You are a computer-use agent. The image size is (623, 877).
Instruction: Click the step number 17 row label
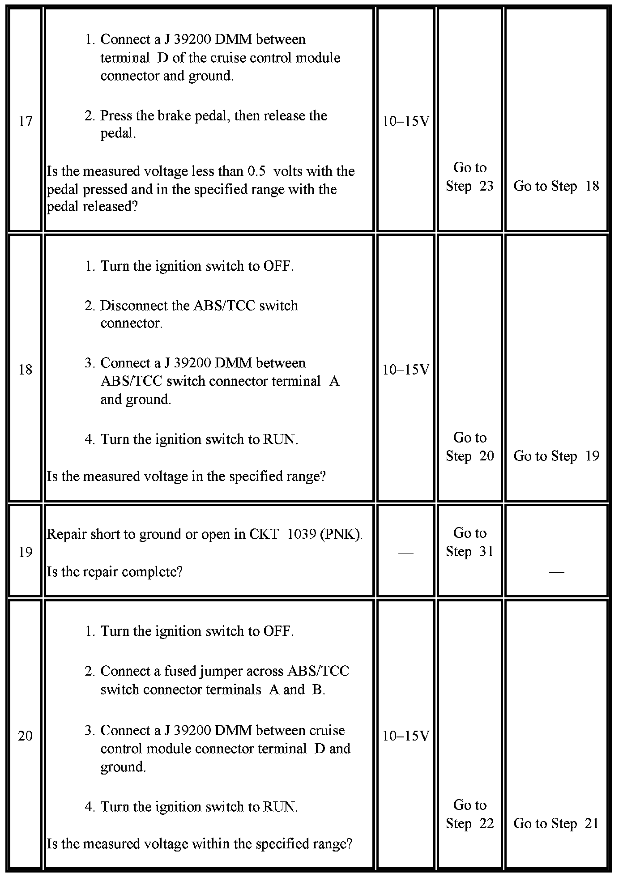[26, 121]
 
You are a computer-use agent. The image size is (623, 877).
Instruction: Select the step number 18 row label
[26, 370]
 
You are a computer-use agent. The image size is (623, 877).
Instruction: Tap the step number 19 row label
[26, 552]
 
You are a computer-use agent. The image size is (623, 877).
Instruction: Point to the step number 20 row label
[26, 736]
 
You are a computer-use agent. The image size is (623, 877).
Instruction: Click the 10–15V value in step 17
[405, 121]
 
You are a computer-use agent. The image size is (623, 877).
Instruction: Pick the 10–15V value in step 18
[405, 370]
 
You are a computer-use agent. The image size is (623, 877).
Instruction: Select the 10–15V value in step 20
[405, 736]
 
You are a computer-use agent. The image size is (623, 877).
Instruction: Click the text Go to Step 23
[469, 177]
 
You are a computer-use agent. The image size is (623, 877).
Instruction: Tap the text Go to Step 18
[556, 186]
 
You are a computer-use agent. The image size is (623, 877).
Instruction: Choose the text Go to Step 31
[469, 542]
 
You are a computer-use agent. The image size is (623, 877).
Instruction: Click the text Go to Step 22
[469, 814]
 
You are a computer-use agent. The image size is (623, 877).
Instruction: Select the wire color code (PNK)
[341, 534]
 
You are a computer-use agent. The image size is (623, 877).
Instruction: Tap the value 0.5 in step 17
[256, 171]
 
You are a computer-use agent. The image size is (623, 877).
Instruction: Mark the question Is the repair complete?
[115, 571]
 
